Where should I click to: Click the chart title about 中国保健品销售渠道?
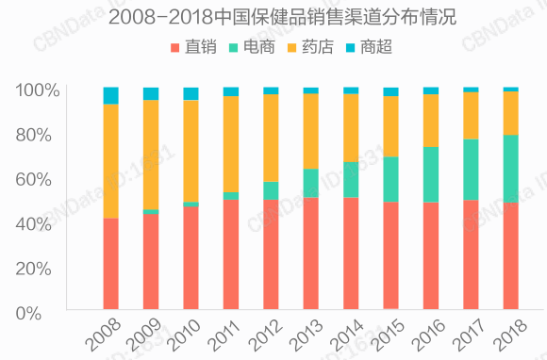point(273,17)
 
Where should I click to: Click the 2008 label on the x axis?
point(103,335)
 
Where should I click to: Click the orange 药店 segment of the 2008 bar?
point(110,160)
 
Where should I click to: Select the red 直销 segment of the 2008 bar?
point(110,264)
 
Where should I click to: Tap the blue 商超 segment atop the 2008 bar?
point(110,95)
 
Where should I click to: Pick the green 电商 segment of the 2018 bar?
point(510,169)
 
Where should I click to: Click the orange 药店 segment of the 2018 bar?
point(510,113)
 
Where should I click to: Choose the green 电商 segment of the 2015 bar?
point(390,179)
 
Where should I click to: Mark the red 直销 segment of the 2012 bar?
point(271,254)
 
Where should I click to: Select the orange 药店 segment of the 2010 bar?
point(191,151)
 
